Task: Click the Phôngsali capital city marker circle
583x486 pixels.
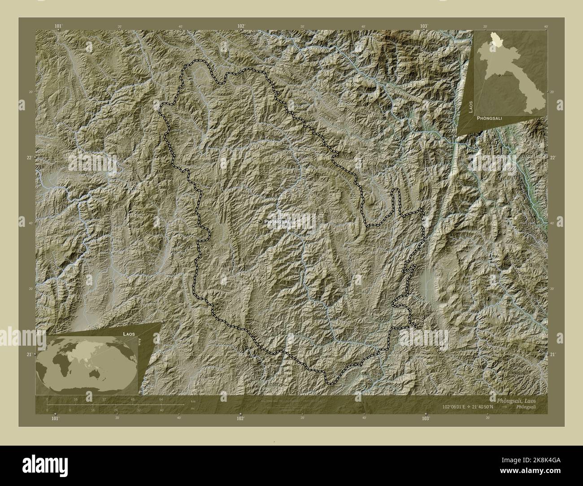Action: click(260, 221)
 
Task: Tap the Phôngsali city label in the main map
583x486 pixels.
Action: click(278, 222)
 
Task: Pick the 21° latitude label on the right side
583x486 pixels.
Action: click(553, 355)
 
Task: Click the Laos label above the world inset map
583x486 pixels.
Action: click(129, 334)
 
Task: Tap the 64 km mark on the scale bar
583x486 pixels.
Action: click(161, 399)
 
